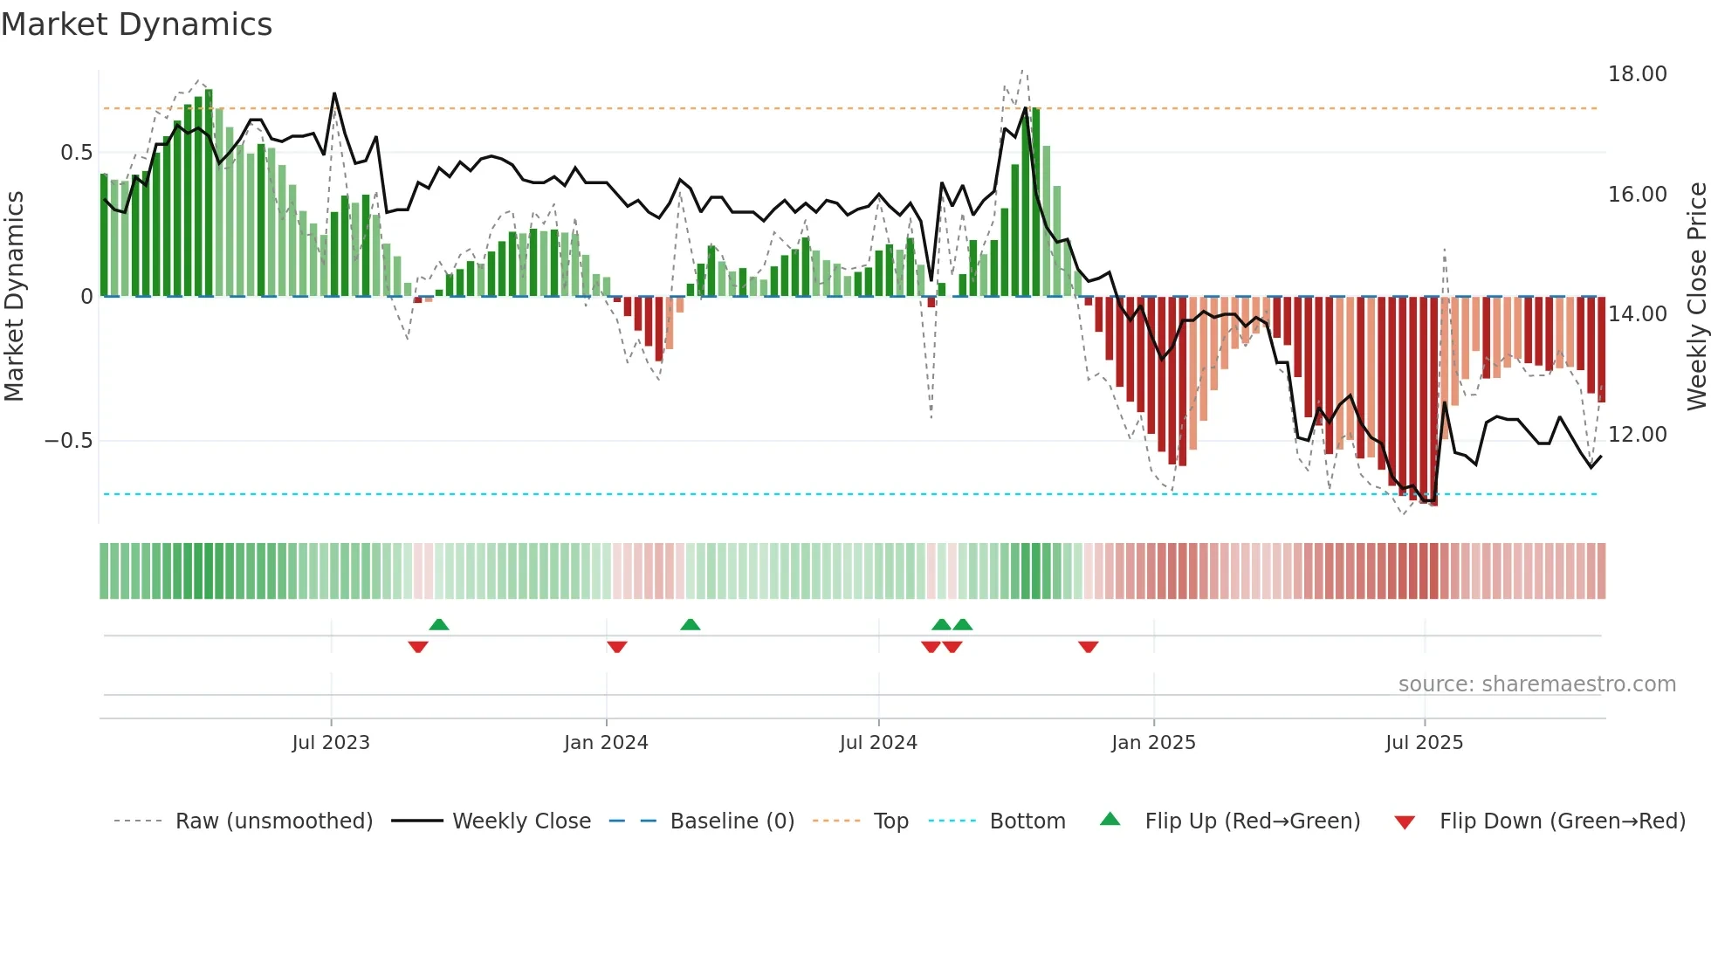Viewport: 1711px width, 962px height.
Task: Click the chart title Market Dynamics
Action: (x=136, y=24)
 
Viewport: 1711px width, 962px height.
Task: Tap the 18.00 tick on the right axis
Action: (x=1637, y=74)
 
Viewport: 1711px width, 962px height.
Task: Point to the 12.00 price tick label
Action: (x=1637, y=434)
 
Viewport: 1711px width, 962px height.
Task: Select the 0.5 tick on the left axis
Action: (x=76, y=153)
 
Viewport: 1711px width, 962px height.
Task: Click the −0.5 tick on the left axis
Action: (x=69, y=440)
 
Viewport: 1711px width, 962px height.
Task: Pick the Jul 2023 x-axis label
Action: (x=331, y=743)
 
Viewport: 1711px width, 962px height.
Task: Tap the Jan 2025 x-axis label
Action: (x=1153, y=743)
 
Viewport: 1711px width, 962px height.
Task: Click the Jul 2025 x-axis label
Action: (x=1424, y=743)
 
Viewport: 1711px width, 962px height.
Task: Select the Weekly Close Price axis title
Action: (x=1696, y=297)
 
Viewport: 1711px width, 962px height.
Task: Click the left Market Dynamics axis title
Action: (x=14, y=297)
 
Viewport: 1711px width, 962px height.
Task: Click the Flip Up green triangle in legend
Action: (x=1110, y=819)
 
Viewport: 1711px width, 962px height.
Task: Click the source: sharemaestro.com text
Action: (x=1536, y=684)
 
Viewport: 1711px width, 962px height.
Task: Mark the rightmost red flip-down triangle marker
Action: (x=1088, y=647)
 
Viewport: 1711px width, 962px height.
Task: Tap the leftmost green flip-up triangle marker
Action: (x=439, y=624)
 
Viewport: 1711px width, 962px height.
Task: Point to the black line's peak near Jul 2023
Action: (x=334, y=93)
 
